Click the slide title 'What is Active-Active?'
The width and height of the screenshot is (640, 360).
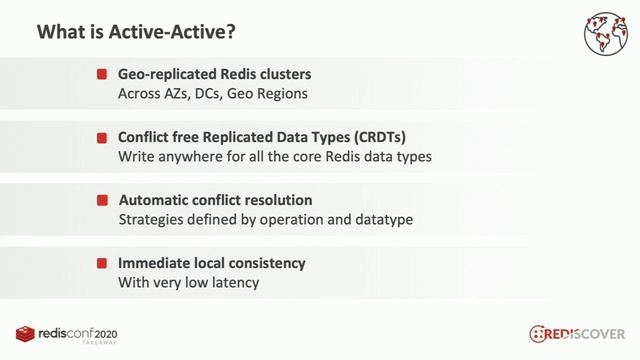click(x=137, y=33)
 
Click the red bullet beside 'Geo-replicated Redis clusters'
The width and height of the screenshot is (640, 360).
click(x=102, y=74)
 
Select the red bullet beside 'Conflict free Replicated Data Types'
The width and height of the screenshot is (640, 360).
click(x=102, y=137)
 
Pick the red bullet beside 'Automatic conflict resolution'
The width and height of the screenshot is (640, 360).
click(x=102, y=200)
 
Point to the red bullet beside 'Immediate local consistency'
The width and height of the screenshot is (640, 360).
click(x=102, y=263)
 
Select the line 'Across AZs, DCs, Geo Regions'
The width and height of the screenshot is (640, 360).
click(x=212, y=94)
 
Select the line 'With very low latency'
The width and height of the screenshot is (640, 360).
click(x=188, y=283)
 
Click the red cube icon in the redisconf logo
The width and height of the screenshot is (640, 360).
click(x=25, y=333)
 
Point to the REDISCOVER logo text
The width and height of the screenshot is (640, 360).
click(x=586, y=333)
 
